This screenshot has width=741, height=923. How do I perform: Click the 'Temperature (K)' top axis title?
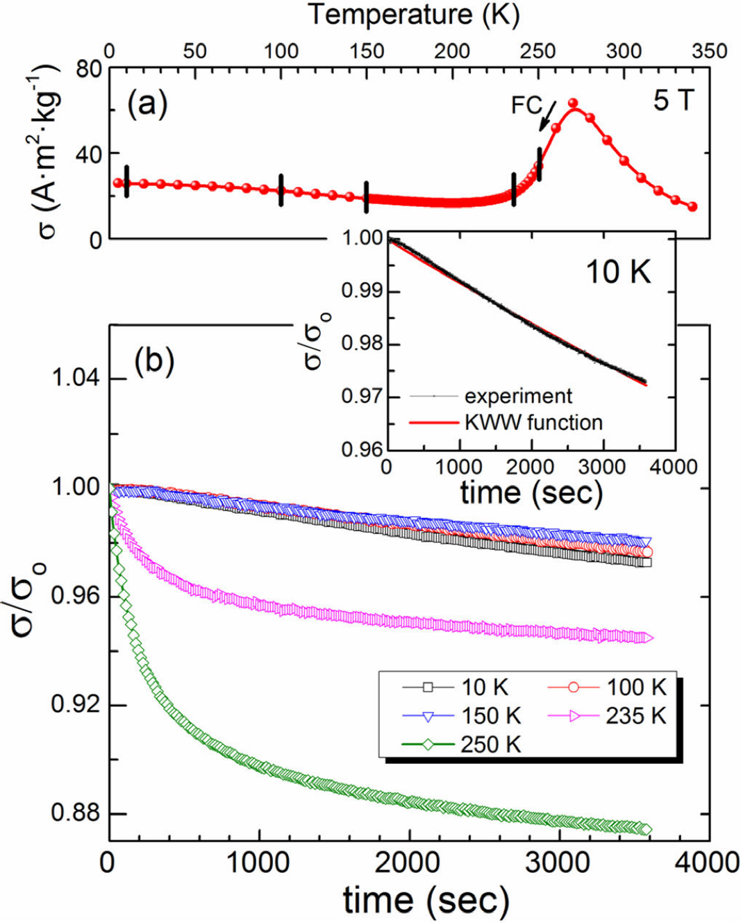tap(414, 15)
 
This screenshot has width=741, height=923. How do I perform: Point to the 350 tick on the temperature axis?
tap(709, 51)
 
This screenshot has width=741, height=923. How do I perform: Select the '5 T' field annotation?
tap(673, 101)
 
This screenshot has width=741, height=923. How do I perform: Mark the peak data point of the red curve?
tap(573, 103)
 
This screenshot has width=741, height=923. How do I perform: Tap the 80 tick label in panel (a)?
tap(89, 69)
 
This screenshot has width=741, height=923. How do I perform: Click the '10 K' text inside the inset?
tap(618, 272)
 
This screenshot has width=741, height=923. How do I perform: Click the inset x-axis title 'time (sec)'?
tap(531, 492)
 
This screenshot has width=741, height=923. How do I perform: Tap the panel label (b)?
tap(154, 361)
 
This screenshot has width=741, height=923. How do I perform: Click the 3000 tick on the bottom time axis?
tap(560, 863)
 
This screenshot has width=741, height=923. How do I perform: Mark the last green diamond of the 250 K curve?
tap(647, 830)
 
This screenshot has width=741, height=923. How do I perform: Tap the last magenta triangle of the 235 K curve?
tap(648, 638)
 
